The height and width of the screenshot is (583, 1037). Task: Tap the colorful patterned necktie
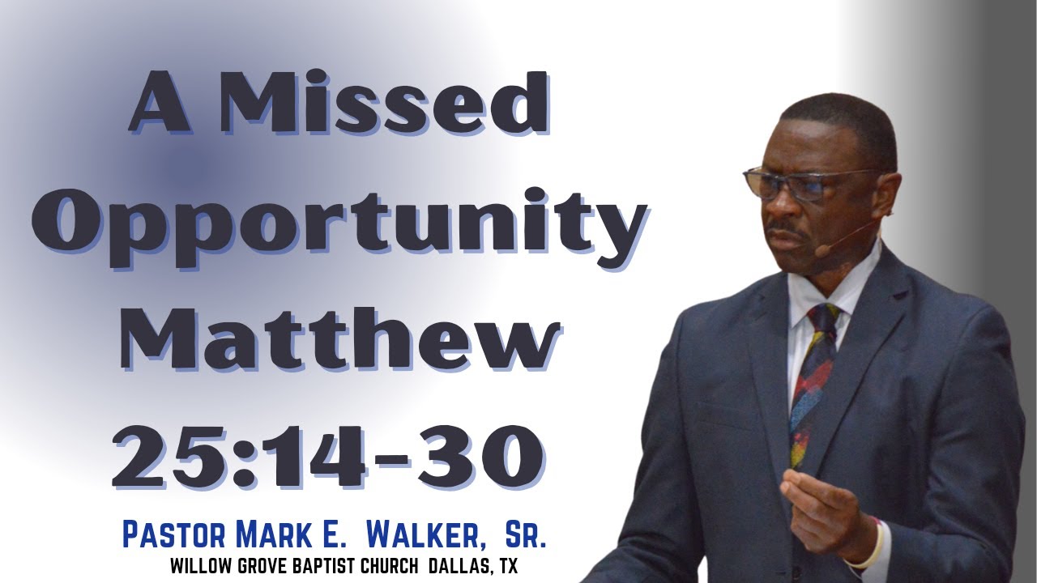(812, 381)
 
